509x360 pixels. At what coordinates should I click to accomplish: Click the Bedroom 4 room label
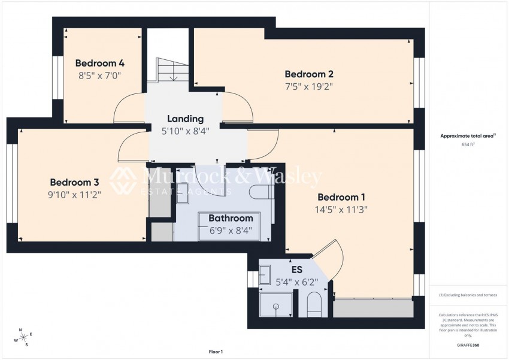(99, 63)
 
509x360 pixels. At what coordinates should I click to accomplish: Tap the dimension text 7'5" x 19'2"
(308, 86)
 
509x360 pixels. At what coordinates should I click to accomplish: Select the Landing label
(185, 119)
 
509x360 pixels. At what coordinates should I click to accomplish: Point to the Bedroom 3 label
(74, 182)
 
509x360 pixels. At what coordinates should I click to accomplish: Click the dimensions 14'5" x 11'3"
(341, 210)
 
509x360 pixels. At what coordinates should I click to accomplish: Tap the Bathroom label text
(231, 219)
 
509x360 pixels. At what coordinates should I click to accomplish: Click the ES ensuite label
(296, 270)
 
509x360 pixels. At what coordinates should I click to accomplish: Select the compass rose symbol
(23, 338)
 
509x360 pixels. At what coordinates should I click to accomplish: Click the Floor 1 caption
(216, 352)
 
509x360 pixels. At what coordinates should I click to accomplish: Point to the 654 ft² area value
(468, 144)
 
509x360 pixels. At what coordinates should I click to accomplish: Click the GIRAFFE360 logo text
(468, 345)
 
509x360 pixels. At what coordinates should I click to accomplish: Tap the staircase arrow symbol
(174, 77)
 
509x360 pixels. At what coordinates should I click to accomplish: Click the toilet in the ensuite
(315, 304)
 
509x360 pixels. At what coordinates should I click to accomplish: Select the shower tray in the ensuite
(275, 305)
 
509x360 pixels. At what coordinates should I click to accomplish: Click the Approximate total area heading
(468, 136)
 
